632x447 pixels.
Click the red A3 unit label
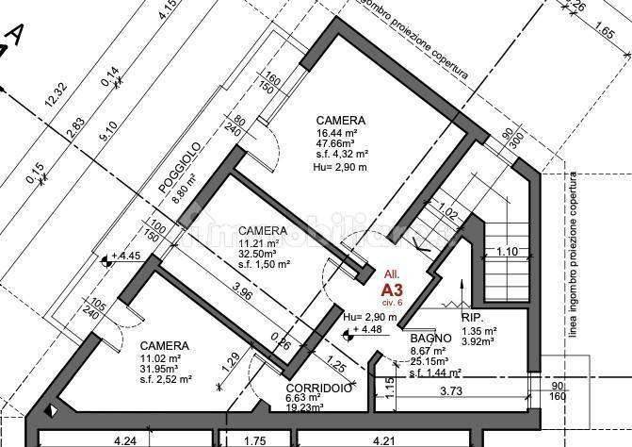tap(391, 290)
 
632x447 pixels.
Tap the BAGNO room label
tap(429, 338)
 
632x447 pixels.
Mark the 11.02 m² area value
tap(160, 357)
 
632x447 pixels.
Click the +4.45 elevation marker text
tap(125, 256)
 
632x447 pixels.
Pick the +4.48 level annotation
tap(368, 329)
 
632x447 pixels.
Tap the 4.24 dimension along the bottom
tap(124, 439)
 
